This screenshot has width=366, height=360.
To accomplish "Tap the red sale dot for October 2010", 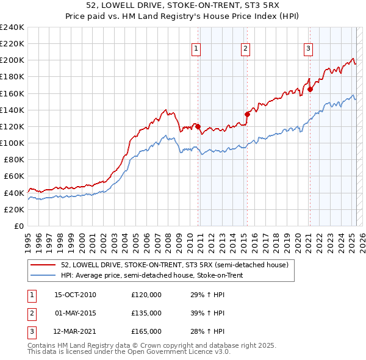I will (198, 126).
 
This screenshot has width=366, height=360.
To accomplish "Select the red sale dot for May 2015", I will (247, 114).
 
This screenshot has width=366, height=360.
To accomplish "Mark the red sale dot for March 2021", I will (310, 89).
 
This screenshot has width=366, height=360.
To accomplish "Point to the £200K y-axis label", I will (12, 60).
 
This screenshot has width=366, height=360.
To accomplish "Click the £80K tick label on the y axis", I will (13, 159).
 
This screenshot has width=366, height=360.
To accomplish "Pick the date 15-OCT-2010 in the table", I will (75, 295).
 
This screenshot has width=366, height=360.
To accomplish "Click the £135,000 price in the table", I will (146, 313).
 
